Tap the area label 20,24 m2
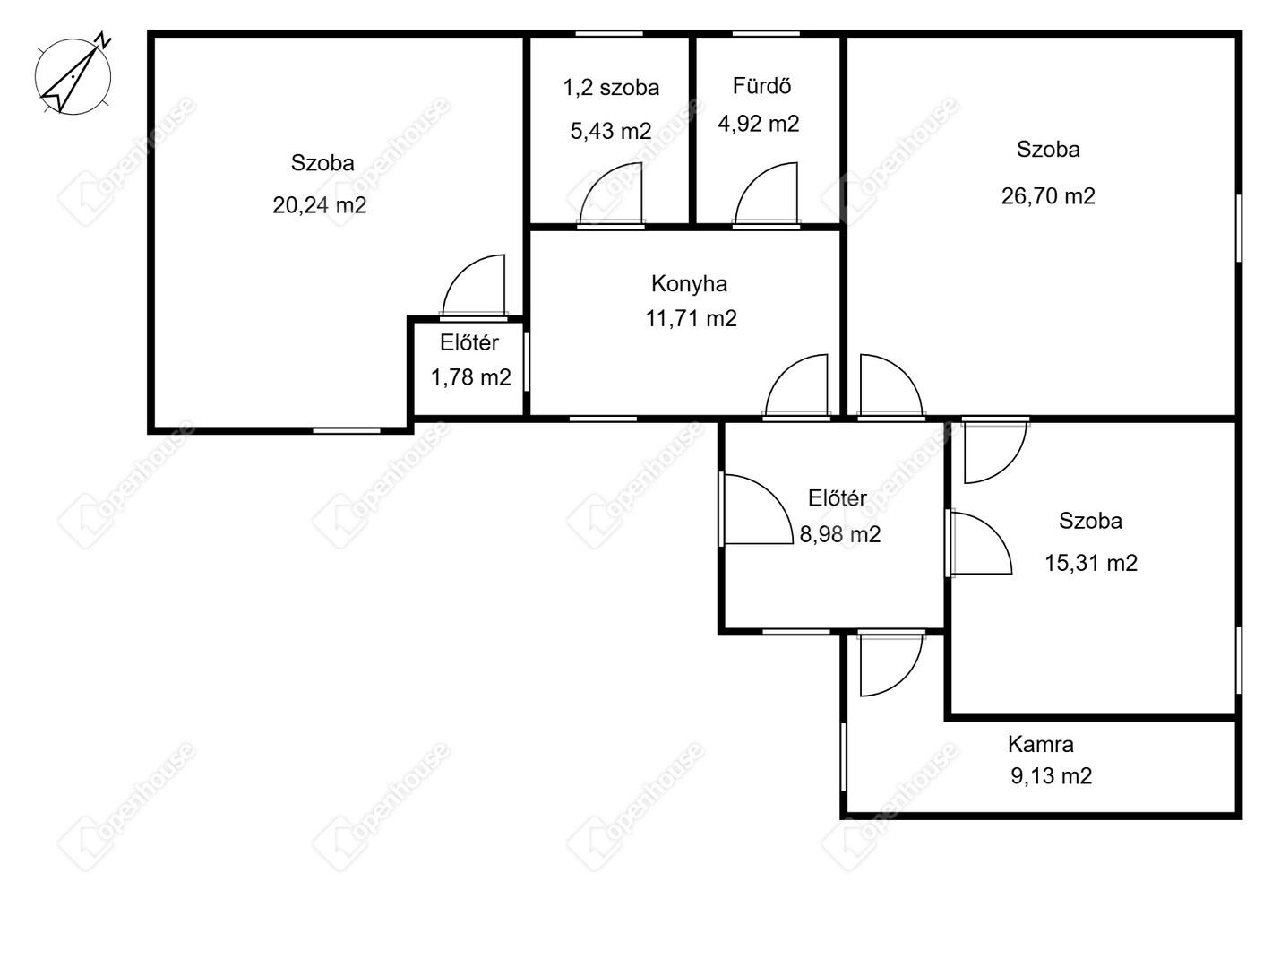pyautogui.click(x=319, y=205)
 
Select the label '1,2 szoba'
pyautogui.click(x=611, y=88)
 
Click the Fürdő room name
pyautogui.click(x=761, y=86)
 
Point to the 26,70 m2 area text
pyautogui.click(x=1048, y=196)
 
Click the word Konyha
pyautogui.click(x=689, y=284)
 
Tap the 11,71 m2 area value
pyautogui.click(x=691, y=318)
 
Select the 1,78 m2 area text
pyautogui.click(x=470, y=377)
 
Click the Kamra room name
pyautogui.click(x=1040, y=744)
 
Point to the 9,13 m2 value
pyautogui.click(x=1052, y=775)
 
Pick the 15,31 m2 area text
pyautogui.click(x=1091, y=563)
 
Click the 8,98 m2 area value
pyautogui.click(x=839, y=534)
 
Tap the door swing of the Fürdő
pyautogui.click(x=766, y=193)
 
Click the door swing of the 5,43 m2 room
pyautogui.click(x=610, y=193)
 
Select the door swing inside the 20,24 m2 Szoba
pyautogui.click(x=474, y=285)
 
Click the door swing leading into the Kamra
pyautogui.click(x=891, y=665)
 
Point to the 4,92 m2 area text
pyautogui.click(x=758, y=124)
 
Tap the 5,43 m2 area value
pyautogui.click(x=611, y=131)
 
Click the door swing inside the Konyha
pyautogui.click(x=797, y=385)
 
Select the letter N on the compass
pyautogui.click(x=103, y=39)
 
